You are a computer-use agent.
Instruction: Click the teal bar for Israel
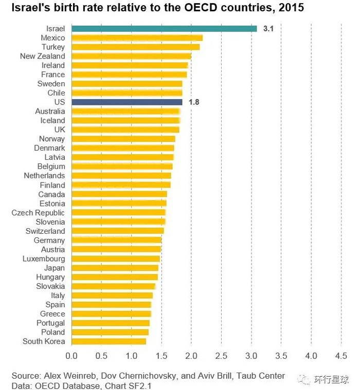point(164,29)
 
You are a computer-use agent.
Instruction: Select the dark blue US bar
point(127,102)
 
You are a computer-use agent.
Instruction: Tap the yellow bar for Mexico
point(137,38)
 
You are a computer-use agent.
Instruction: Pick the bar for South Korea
point(109,342)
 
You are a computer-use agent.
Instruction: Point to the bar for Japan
point(115,268)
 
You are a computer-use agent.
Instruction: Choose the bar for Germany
point(116,240)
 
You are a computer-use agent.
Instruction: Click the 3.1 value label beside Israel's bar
point(268,29)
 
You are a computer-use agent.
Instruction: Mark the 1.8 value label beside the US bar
point(194,102)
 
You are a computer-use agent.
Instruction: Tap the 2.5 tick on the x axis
point(221,356)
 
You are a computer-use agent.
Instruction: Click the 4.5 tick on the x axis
point(341,356)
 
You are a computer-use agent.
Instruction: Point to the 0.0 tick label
point(71,356)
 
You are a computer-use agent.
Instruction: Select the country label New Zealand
point(43,57)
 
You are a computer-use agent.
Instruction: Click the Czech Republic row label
point(39,213)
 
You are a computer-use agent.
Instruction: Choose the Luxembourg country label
point(44,259)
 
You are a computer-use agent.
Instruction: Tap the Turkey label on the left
point(53,47)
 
